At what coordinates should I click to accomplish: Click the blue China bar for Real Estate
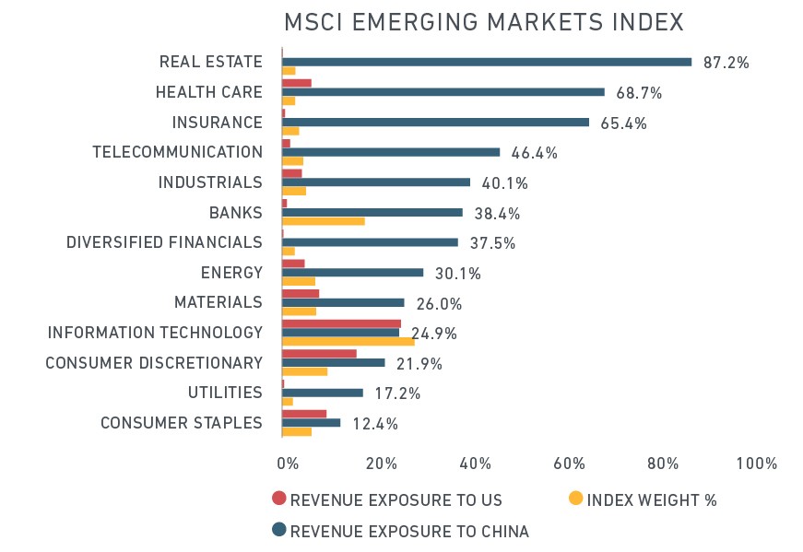pyautogui.click(x=487, y=62)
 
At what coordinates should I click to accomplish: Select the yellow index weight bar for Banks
pyautogui.click(x=324, y=221)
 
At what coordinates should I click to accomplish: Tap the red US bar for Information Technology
pyautogui.click(x=342, y=323)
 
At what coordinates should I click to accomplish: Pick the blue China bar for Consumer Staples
pyautogui.click(x=311, y=423)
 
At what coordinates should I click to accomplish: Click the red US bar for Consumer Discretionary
pyautogui.click(x=319, y=354)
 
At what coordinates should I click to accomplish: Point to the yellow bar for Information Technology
pyautogui.click(x=348, y=342)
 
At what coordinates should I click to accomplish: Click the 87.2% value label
pyautogui.click(x=726, y=63)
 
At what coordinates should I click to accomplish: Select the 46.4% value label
pyautogui.click(x=534, y=153)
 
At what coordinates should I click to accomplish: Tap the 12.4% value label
pyautogui.click(x=375, y=424)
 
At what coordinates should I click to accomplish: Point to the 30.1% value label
pyautogui.click(x=458, y=274)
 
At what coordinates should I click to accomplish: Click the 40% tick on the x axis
pyautogui.click(x=475, y=464)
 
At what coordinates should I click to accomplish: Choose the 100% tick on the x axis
pyautogui.click(x=756, y=464)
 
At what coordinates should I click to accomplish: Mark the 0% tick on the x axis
pyautogui.click(x=288, y=464)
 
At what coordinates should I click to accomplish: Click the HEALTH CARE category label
pyautogui.click(x=209, y=92)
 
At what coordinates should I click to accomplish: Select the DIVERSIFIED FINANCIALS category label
pyautogui.click(x=164, y=242)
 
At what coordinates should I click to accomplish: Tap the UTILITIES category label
pyautogui.click(x=225, y=393)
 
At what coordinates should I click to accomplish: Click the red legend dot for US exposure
pyautogui.click(x=279, y=499)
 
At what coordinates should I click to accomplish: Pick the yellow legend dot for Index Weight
pyautogui.click(x=576, y=499)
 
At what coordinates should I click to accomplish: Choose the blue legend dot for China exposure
pyautogui.click(x=279, y=530)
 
